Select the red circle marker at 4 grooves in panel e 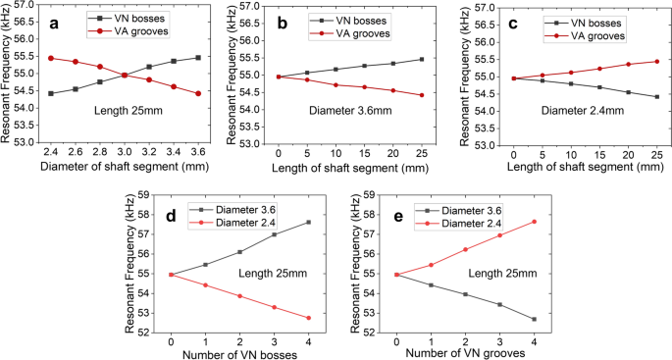pos(534,222)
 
